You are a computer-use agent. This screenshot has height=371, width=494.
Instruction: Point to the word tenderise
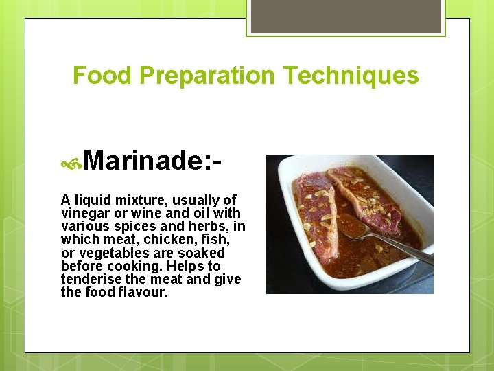pos(92,279)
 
